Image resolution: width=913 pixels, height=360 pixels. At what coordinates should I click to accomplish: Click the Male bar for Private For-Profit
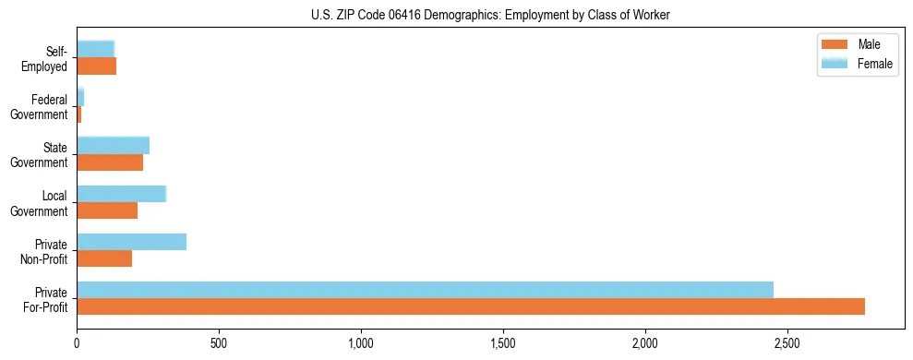[x=471, y=306]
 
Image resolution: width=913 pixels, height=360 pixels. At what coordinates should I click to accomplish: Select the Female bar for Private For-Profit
[x=425, y=290]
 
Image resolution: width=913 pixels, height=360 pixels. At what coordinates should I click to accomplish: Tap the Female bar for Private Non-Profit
[x=131, y=242]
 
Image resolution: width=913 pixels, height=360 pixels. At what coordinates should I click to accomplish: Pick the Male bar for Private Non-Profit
[x=104, y=258]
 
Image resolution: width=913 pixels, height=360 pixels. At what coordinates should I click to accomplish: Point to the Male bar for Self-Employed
[x=96, y=66]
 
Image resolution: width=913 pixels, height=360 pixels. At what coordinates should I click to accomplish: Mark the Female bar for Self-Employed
[x=95, y=49]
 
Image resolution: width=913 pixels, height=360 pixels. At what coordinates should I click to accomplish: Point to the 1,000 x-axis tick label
[x=361, y=343]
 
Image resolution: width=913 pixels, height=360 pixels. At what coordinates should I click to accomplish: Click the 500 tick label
[x=219, y=343]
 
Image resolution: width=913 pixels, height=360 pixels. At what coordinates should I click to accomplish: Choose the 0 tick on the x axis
[x=77, y=343]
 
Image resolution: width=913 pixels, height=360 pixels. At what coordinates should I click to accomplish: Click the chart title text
[x=490, y=15]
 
